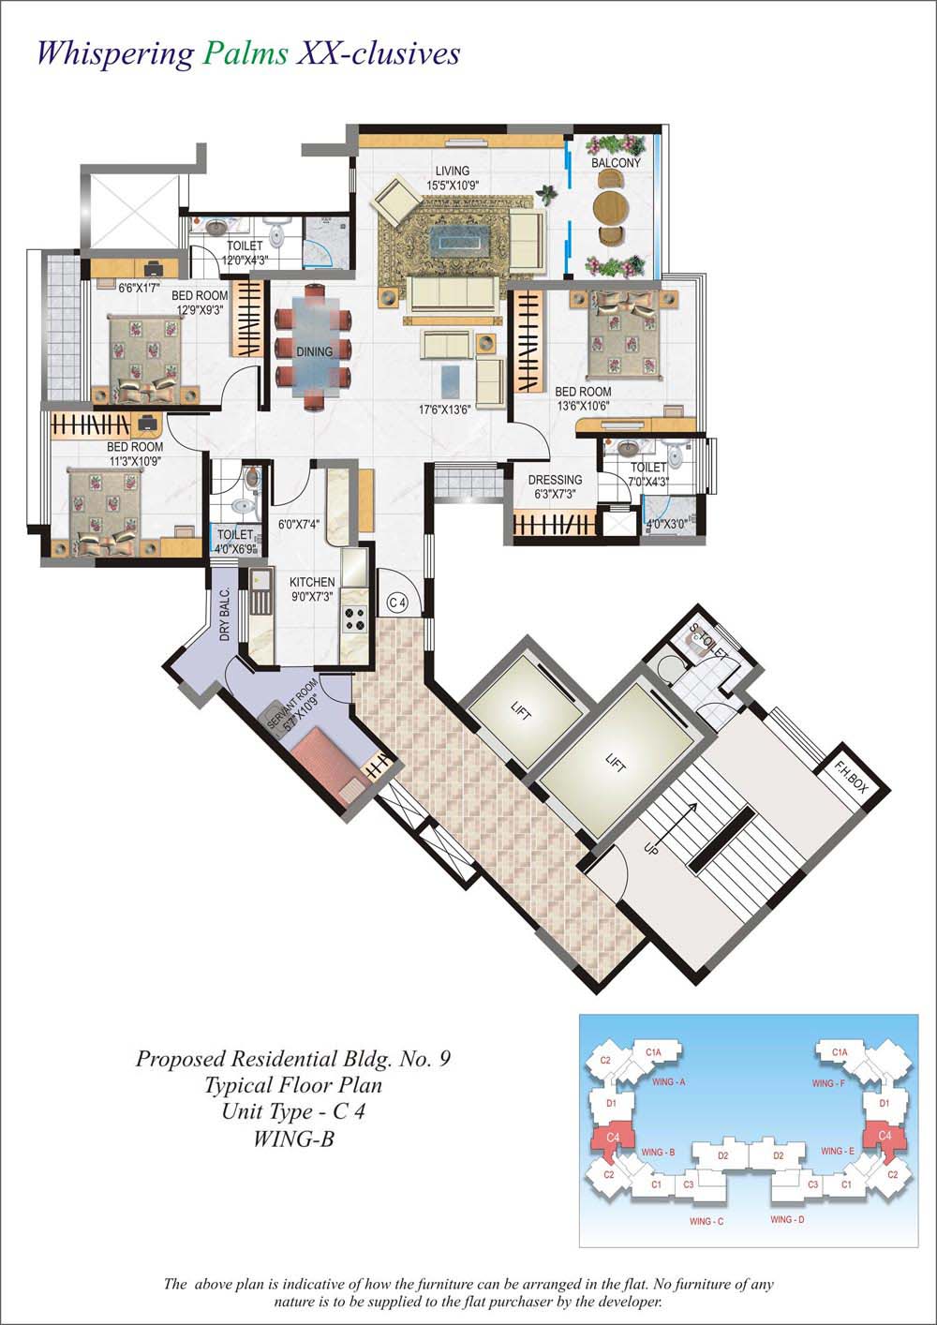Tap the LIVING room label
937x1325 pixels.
[451, 171]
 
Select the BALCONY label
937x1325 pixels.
[616, 163]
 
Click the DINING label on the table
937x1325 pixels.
[314, 352]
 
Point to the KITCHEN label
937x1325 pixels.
[312, 582]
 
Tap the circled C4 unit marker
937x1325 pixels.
[397, 602]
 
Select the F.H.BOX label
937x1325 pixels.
[853, 779]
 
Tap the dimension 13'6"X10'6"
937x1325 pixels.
[583, 406]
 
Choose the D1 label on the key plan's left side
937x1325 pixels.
[611, 1103]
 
